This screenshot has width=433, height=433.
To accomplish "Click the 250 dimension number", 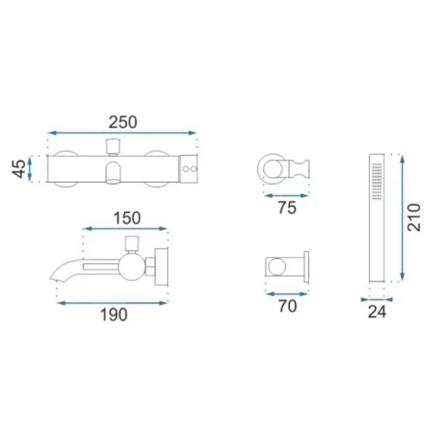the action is [123, 122].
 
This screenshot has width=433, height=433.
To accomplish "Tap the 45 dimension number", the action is [19, 169].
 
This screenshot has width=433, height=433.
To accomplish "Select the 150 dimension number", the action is [127, 218].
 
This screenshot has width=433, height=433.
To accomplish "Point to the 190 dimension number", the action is [113, 314].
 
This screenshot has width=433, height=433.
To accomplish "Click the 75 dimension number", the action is [288, 208].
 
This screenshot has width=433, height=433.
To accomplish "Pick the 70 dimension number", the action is [288, 307].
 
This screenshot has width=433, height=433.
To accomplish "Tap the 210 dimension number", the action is [414, 217].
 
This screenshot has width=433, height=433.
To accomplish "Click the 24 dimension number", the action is [377, 312].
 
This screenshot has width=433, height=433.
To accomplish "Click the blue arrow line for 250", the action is [122, 132].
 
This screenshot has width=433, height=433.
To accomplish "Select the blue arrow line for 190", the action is [112, 303].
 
